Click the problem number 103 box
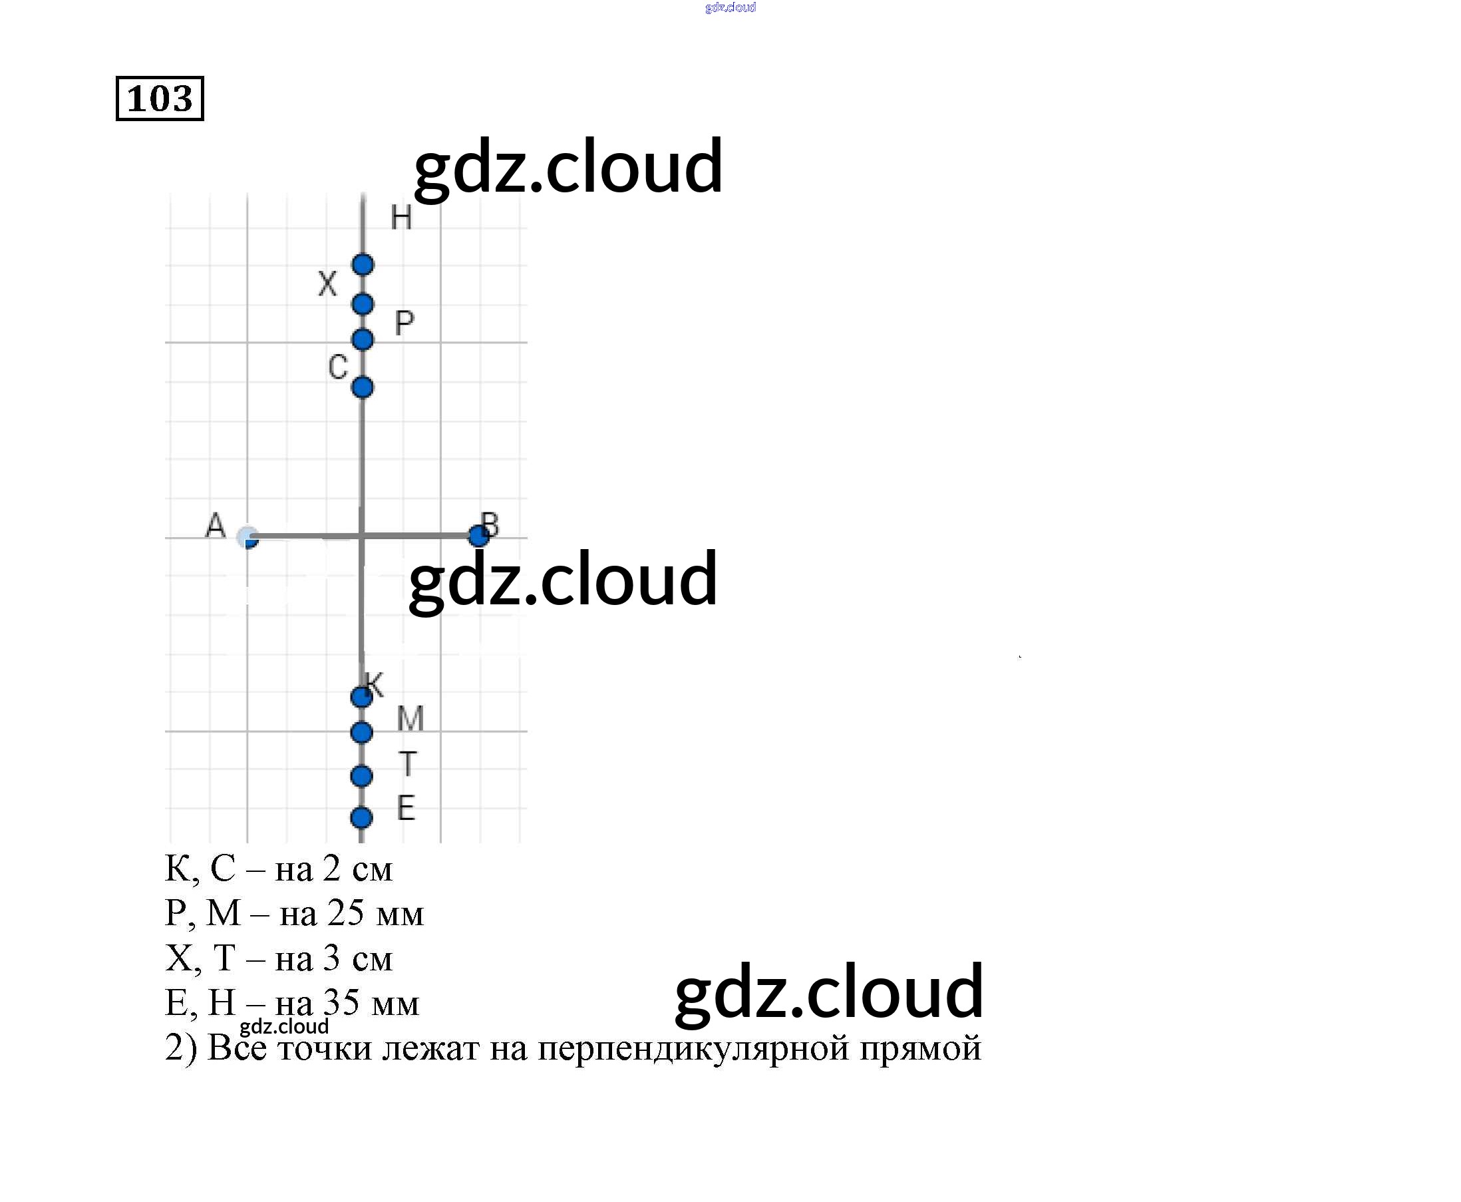click(160, 99)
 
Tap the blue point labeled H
click(363, 264)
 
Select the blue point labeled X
click(363, 304)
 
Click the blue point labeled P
click(363, 340)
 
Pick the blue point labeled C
click(362, 387)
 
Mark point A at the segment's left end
click(247, 537)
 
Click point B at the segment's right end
click(478, 535)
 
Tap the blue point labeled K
click(361, 697)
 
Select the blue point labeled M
click(361, 733)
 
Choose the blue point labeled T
click(361, 776)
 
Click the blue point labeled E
click(361, 818)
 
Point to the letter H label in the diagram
click(401, 218)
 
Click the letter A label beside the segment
click(216, 526)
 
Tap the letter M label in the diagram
click(410, 719)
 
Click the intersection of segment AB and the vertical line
click(361, 536)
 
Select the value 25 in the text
click(345, 913)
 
